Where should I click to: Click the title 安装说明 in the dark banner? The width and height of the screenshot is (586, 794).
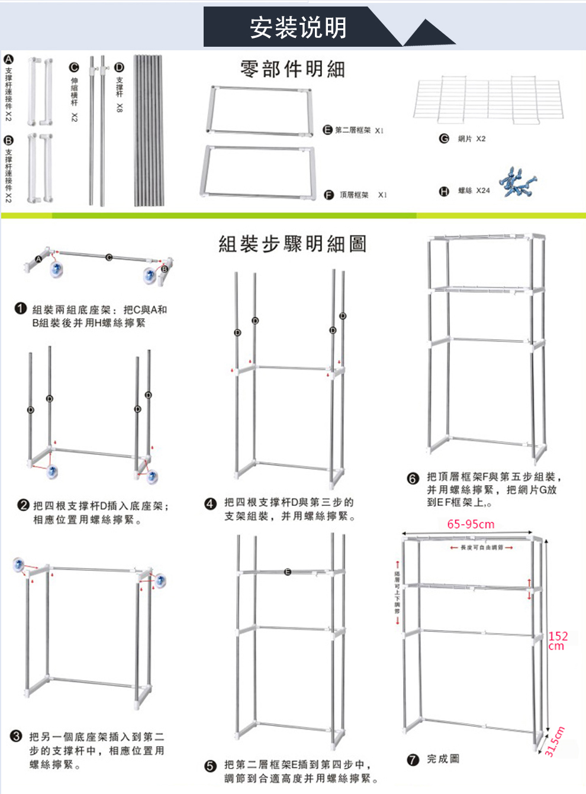click(298, 27)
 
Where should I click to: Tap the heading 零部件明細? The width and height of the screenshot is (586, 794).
click(292, 69)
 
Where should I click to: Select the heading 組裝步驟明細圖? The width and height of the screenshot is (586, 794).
click(292, 244)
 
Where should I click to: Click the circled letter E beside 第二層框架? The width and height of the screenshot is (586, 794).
click(327, 130)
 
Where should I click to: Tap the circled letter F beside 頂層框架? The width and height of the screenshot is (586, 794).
click(329, 195)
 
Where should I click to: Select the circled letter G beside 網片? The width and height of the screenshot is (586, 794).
click(444, 138)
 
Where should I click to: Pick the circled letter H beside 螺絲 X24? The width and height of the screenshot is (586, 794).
click(444, 191)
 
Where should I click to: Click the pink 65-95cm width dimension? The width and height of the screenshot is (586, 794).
click(471, 524)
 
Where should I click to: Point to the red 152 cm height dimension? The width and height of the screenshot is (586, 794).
click(558, 640)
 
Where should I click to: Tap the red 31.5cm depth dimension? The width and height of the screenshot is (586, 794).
click(555, 741)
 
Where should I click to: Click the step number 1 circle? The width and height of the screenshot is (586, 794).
click(21, 308)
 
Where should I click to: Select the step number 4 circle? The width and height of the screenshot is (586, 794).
click(210, 503)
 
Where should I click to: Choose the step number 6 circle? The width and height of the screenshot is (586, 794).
click(413, 478)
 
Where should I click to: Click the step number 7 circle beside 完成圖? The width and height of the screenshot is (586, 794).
click(413, 760)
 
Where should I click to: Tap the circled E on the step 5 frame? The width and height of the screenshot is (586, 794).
click(288, 572)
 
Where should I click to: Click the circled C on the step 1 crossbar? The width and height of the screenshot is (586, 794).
click(109, 257)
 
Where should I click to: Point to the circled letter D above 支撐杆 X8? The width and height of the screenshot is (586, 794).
click(119, 67)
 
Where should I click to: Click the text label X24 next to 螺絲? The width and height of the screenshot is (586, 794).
click(483, 191)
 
